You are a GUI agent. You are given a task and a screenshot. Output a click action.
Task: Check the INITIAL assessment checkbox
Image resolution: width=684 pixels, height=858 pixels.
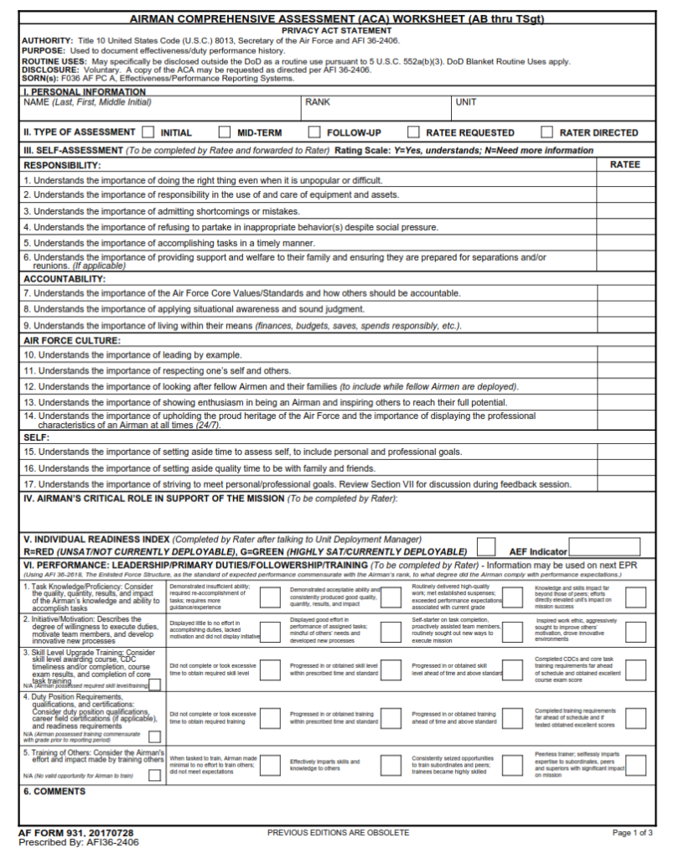pyautogui.click(x=148, y=132)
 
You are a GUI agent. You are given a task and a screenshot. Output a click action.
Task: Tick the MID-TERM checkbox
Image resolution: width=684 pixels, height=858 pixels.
pyautogui.click(x=225, y=132)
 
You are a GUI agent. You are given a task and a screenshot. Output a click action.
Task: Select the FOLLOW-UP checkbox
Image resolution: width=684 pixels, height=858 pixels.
pyautogui.click(x=314, y=132)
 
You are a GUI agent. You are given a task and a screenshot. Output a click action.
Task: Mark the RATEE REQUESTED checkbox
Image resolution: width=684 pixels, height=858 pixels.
pyautogui.click(x=413, y=132)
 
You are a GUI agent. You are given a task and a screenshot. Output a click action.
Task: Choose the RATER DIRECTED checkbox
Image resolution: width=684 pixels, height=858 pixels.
pyautogui.click(x=547, y=132)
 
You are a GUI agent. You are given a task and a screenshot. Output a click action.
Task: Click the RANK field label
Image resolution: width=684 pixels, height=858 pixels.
pyautogui.click(x=318, y=102)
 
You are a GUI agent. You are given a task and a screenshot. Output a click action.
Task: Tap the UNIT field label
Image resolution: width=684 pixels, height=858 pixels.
pyautogui.click(x=466, y=102)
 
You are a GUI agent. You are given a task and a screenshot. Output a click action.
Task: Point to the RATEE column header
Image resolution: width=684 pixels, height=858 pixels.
pyautogui.click(x=624, y=165)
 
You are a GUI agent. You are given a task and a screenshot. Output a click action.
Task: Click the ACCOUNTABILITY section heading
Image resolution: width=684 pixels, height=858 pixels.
pyautogui.click(x=65, y=278)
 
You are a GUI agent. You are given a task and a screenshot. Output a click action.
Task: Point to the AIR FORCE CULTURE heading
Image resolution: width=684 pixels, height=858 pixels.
pyautogui.click(x=72, y=341)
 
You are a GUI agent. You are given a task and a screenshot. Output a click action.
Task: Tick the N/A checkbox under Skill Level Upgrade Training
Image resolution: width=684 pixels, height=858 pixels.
pyautogui.click(x=154, y=685)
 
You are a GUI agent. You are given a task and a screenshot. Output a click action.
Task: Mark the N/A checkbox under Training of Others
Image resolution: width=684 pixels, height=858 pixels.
pyautogui.click(x=154, y=775)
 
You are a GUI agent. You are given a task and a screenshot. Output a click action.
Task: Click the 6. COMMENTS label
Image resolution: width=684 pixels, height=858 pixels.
pyautogui.click(x=54, y=791)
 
